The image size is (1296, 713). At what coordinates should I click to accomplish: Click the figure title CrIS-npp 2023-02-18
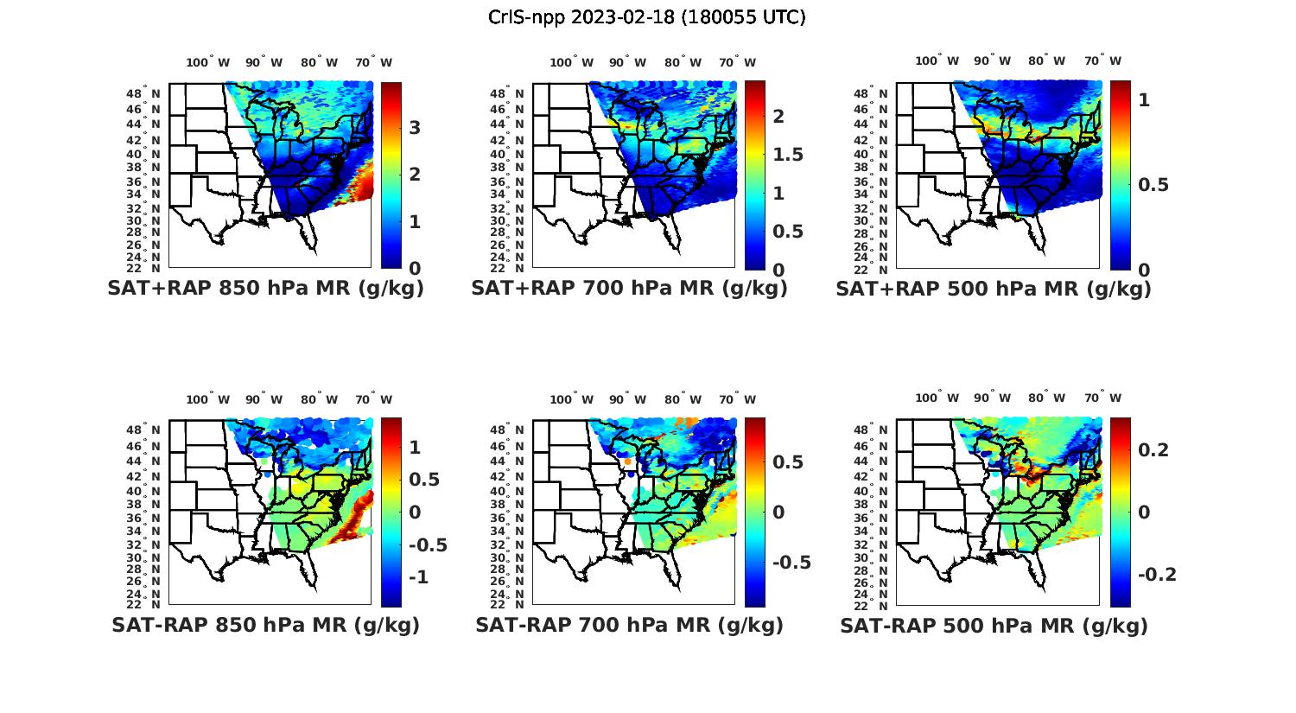tap(647, 17)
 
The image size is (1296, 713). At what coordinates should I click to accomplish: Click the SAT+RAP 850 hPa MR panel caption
tap(265, 289)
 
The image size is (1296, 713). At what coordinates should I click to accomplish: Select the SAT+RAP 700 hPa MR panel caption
tap(629, 289)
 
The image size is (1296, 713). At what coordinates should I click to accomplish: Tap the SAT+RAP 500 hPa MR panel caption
tap(994, 289)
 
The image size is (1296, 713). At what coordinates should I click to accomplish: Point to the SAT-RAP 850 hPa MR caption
tap(265, 625)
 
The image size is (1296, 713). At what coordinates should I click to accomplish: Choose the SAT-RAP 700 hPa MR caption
tap(629, 625)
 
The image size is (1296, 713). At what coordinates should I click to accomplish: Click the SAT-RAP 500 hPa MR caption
tap(994, 625)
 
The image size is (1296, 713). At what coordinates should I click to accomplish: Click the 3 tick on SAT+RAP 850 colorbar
tap(415, 128)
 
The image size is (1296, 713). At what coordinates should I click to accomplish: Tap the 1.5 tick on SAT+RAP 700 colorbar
tap(787, 155)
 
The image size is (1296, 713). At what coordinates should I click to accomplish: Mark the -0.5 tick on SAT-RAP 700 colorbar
tap(791, 563)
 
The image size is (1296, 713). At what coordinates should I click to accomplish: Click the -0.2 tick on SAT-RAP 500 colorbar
tap(1157, 575)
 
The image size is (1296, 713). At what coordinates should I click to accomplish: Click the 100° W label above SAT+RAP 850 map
tap(208, 62)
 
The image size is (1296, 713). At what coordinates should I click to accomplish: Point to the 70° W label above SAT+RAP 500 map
tap(1102, 60)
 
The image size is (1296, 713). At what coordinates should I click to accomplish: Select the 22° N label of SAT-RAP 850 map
tap(150, 604)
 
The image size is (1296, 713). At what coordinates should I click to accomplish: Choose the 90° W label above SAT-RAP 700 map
tap(627, 399)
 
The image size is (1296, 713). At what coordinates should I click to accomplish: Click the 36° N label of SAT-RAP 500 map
tap(878, 518)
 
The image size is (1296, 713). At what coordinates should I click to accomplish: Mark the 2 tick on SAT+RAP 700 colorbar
tap(778, 117)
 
